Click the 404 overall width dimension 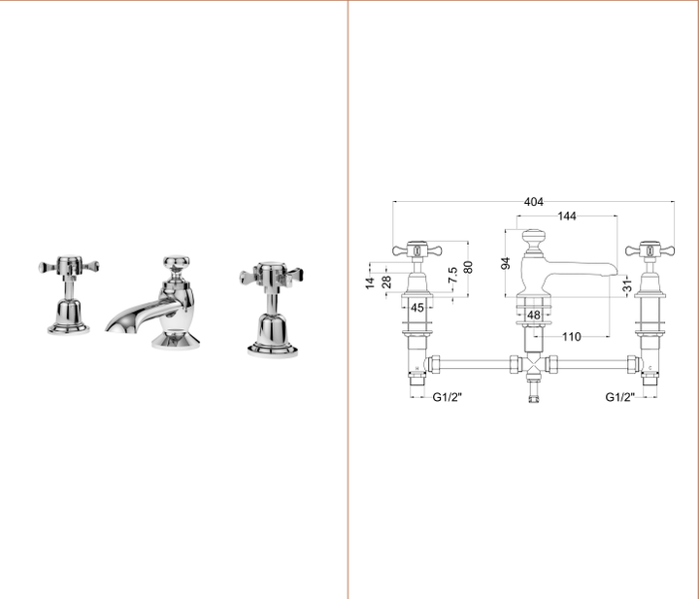[x=534, y=202]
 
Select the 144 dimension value [x=567, y=216]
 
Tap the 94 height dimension [x=506, y=263]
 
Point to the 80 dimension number [x=468, y=267]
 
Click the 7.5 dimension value [x=452, y=275]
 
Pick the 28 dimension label [x=386, y=282]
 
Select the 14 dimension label [x=370, y=283]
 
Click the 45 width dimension [x=416, y=308]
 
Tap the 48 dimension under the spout [x=534, y=316]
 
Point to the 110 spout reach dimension [x=572, y=337]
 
